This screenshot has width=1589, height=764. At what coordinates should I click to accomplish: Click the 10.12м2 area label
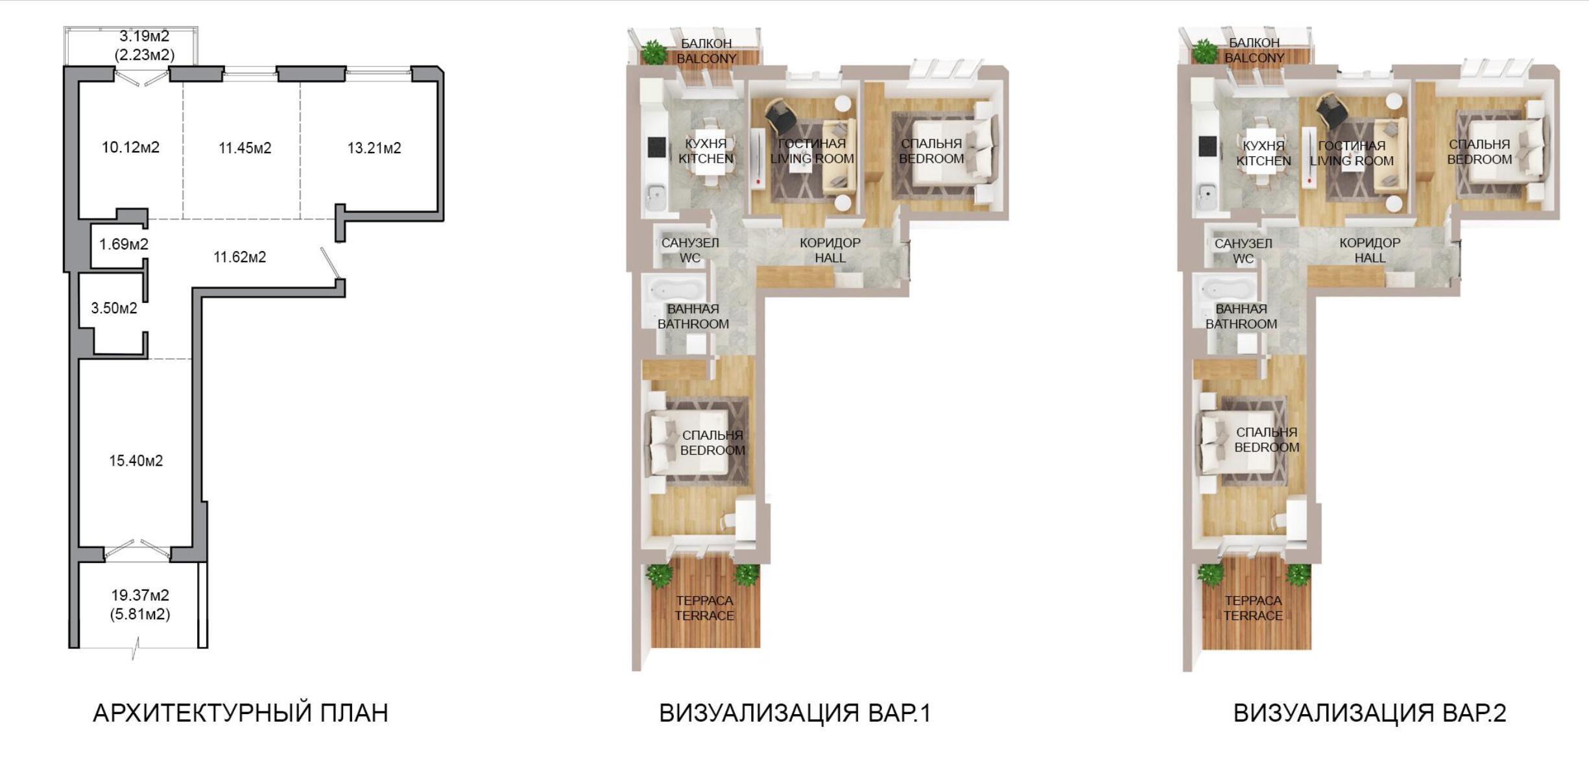[130, 148]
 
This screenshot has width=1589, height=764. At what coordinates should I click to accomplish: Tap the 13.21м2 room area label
[374, 149]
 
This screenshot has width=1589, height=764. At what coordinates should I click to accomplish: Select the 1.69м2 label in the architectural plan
[124, 245]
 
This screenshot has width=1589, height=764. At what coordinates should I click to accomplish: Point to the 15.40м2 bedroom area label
[136, 461]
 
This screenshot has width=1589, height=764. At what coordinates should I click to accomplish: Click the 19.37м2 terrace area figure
[140, 595]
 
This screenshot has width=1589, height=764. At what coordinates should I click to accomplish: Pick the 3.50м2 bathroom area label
[114, 308]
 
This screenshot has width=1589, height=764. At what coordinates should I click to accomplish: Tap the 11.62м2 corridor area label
[240, 257]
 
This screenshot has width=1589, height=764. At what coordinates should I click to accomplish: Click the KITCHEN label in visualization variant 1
[706, 159]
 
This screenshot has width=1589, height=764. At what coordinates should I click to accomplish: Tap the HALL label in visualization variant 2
[1370, 258]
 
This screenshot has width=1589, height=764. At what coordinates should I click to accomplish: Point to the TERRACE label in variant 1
[704, 616]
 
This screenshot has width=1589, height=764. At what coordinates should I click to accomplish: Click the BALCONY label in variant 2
[1254, 58]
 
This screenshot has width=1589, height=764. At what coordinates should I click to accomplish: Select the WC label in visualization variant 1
[690, 258]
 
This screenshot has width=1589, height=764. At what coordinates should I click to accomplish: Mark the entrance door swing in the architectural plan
[331, 264]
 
